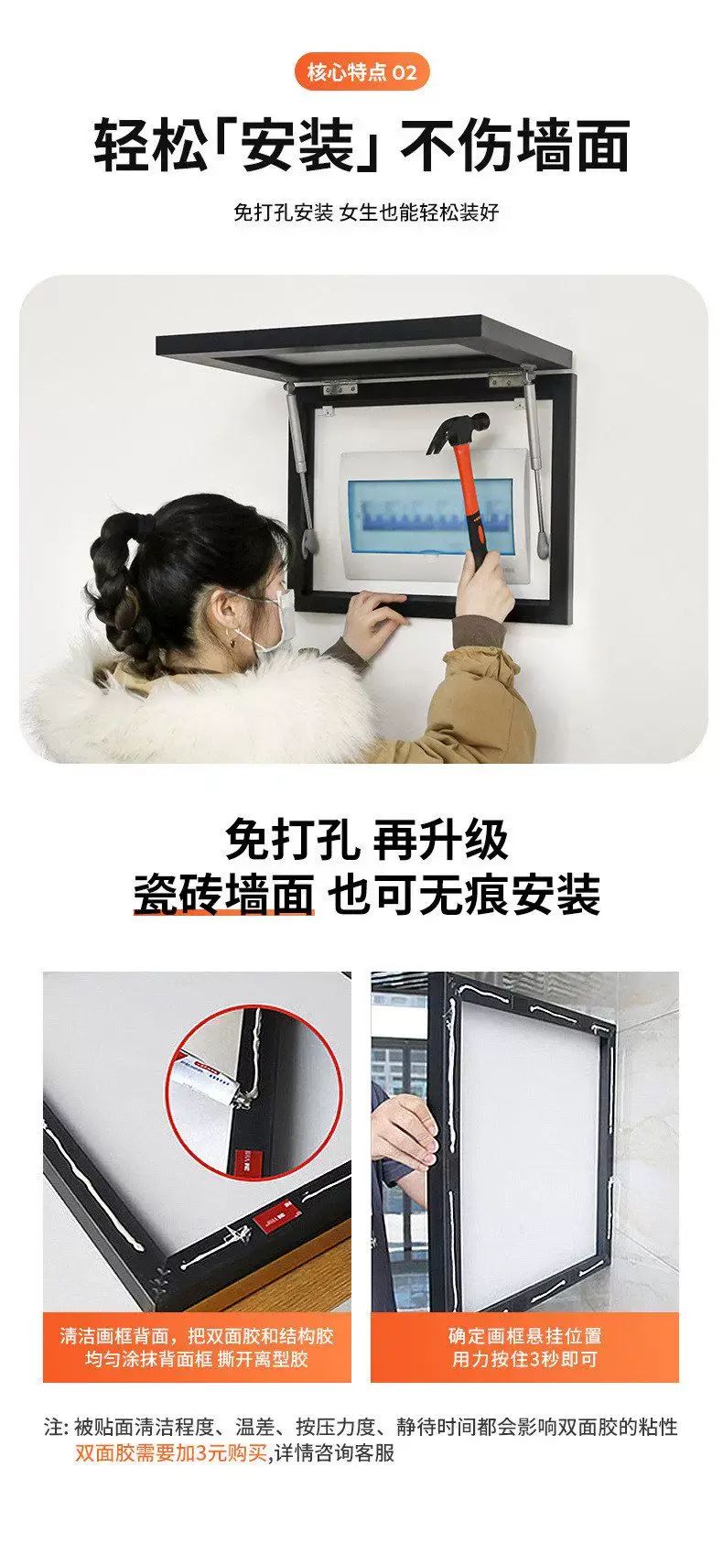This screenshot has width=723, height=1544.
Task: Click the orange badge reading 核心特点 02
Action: [x=361, y=72]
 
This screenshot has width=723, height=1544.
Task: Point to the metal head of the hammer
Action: [x=458, y=431]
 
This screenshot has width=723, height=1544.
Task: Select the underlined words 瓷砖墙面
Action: [x=223, y=895]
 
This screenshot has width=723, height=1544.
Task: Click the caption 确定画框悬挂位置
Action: [x=524, y=1336]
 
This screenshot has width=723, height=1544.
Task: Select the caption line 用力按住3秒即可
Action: [x=524, y=1359]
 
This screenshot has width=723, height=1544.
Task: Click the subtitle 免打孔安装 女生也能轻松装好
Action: [x=366, y=212]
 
